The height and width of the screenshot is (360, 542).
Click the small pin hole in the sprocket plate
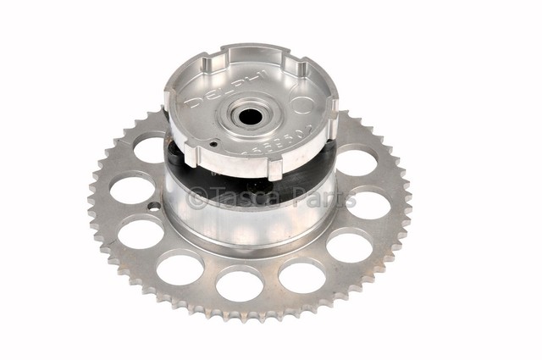(x=155, y=206)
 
